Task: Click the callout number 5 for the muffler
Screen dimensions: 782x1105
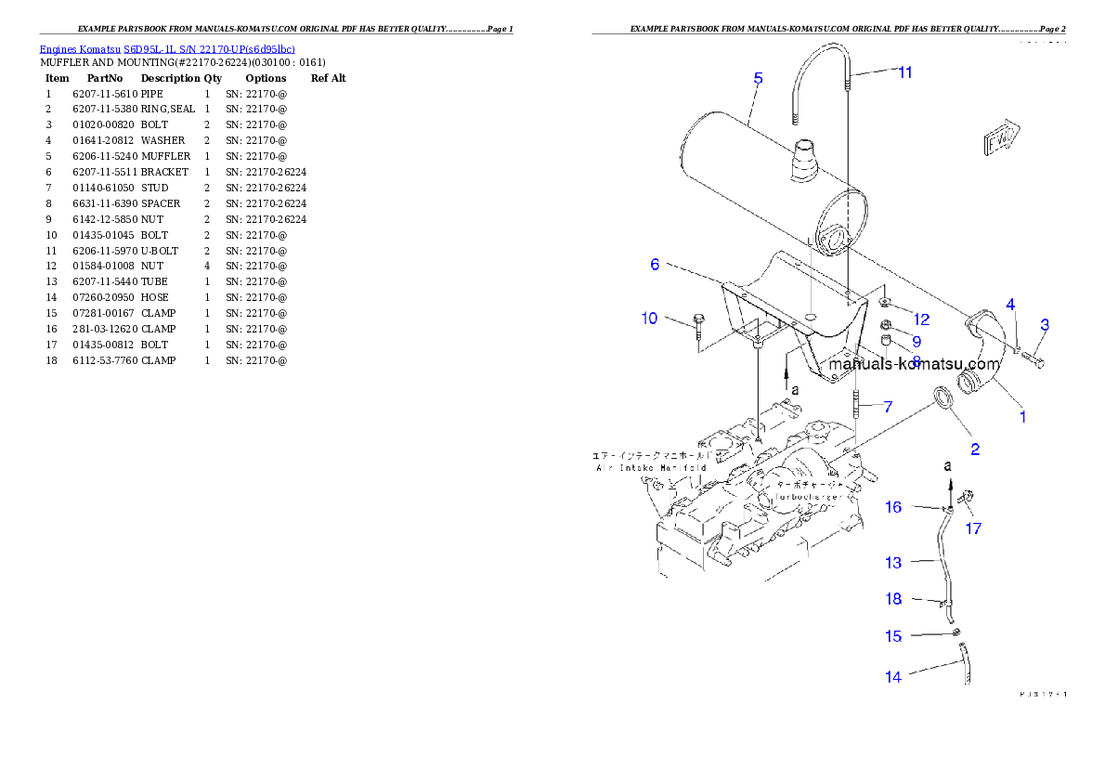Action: pyautogui.click(x=758, y=79)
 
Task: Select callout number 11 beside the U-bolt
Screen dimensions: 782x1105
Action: pyautogui.click(x=904, y=72)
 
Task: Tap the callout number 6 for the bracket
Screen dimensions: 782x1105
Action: pyautogui.click(x=655, y=265)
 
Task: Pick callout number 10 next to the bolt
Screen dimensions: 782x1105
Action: pyautogui.click(x=649, y=319)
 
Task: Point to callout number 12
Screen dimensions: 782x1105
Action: pyautogui.click(x=920, y=319)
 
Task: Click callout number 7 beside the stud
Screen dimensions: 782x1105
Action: pyautogui.click(x=888, y=407)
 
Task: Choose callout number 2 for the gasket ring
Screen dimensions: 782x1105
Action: pyautogui.click(x=975, y=450)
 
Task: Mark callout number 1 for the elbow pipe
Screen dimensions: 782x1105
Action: pyautogui.click(x=1022, y=417)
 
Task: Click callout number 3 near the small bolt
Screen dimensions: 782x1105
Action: pyautogui.click(x=1045, y=325)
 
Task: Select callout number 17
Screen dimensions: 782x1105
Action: pyautogui.click(x=972, y=528)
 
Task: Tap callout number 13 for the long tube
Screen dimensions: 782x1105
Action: pyautogui.click(x=892, y=563)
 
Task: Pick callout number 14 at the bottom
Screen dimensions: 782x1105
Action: pyautogui.click(x=892, y=677)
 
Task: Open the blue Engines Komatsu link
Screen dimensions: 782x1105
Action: pyautogui.click(x=167, y=49)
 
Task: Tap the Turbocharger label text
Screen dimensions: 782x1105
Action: pyautogui.click(x=804, y=497)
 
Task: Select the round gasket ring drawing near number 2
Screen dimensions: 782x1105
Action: pyautogui.click(x=942, y=397)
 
